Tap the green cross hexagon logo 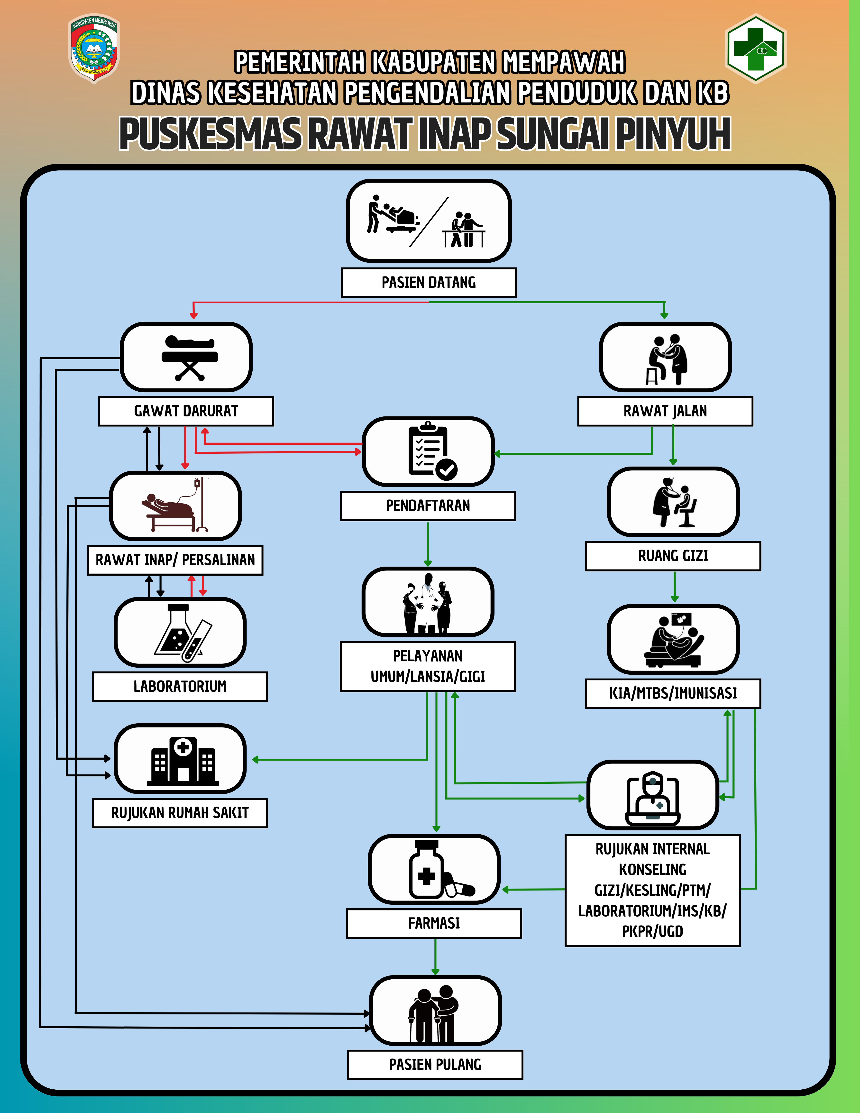coord(756,48)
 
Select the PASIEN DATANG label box coord(429,282)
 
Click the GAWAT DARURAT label coord(186,411)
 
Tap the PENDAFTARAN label coord(428,506)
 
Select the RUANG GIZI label coord(673,555)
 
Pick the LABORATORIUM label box coord(180,686)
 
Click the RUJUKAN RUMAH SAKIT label coord(180,813)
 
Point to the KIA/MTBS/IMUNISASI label coord(673,693)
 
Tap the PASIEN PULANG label coord(435,1065)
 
